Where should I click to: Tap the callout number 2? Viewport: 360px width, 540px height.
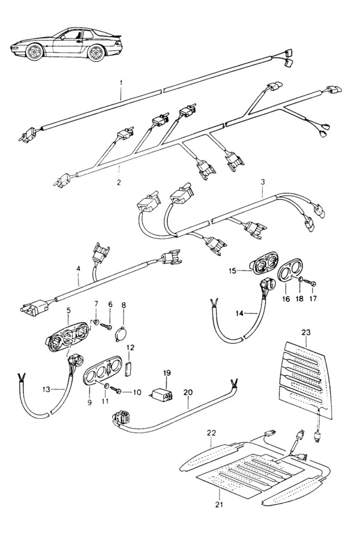(119, 182)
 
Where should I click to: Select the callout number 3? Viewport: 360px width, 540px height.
(263, 180)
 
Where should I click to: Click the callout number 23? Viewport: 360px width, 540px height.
(305, 332)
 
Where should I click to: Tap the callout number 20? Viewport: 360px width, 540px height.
(188, 392)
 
